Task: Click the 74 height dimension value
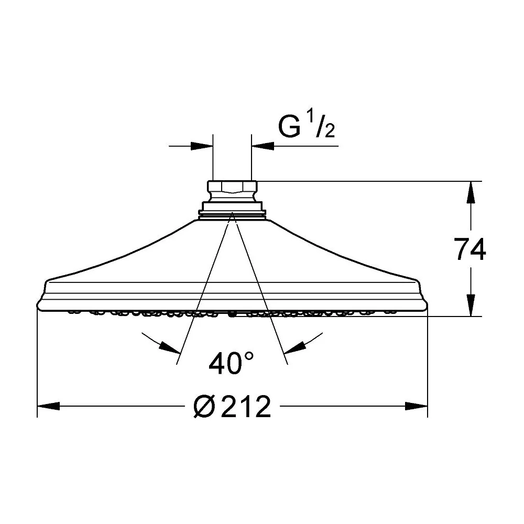point(470,249)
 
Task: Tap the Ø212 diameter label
point(232,406)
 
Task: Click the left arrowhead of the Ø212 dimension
point(48,406)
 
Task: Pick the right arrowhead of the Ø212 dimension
point(417,406)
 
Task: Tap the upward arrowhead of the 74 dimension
point(471,192)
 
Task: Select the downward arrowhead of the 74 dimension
point(471,305)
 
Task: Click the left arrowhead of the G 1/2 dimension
point(202,146)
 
